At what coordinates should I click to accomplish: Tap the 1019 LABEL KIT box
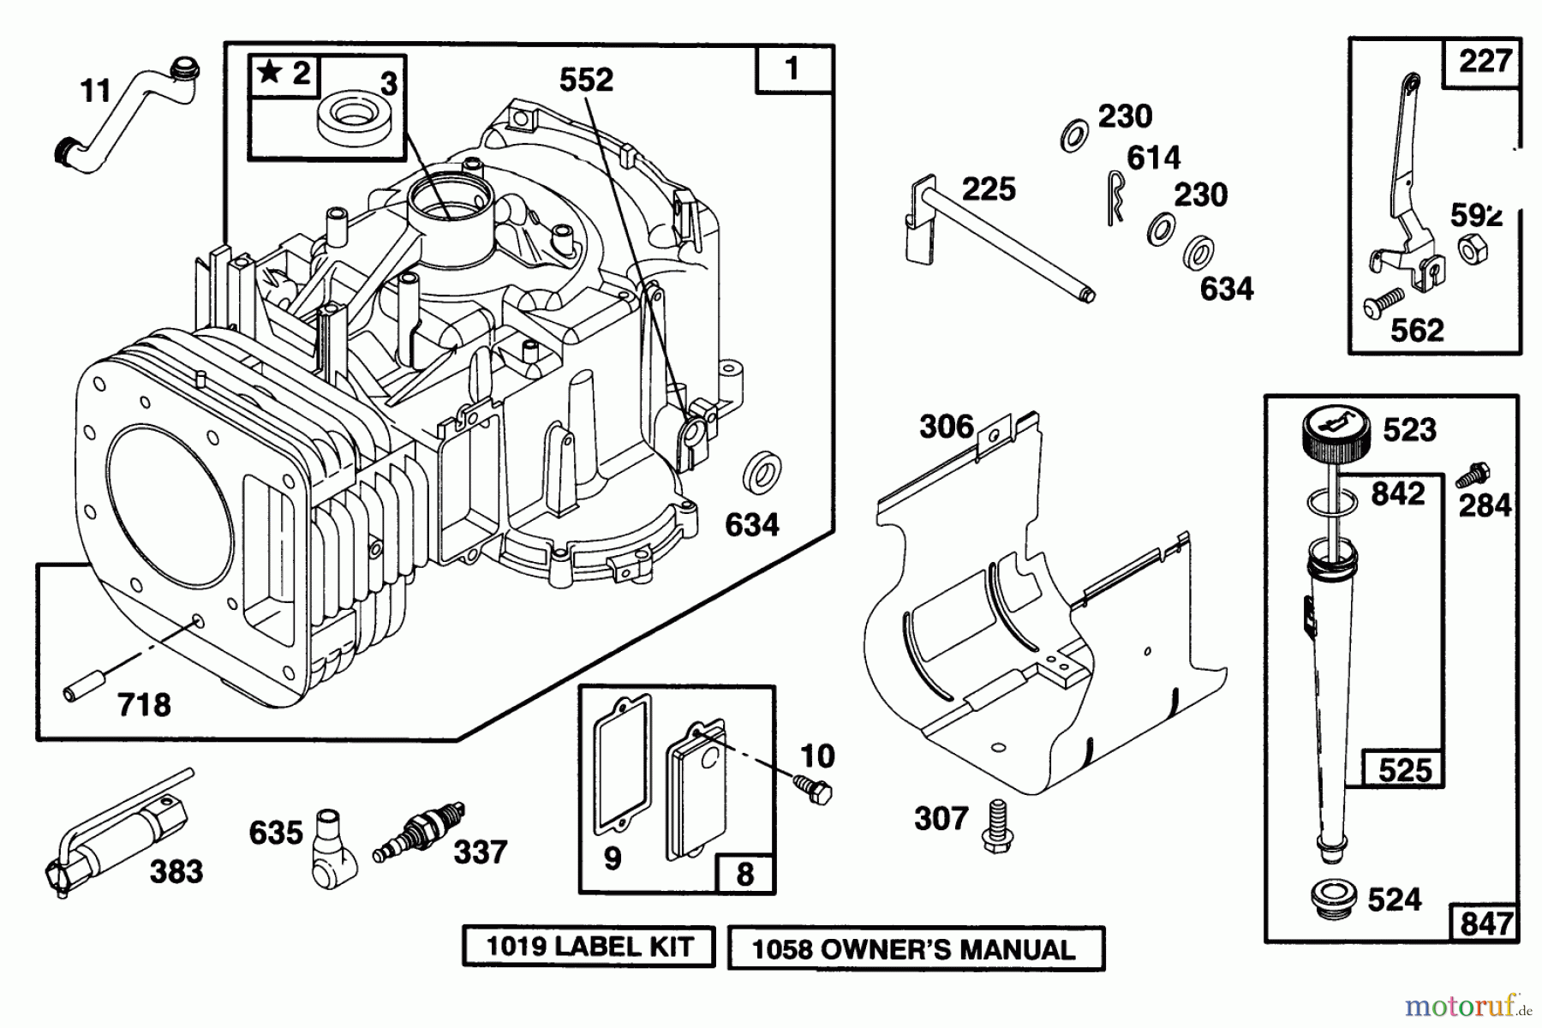coord(589,947)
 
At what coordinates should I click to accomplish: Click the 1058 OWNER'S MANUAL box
coord(915,949)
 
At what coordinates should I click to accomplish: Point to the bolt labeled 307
coord(995,826)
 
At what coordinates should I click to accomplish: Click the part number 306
coord(947,427)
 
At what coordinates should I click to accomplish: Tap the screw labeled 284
coord(1478,475)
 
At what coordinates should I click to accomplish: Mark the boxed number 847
coord(1485,923)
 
